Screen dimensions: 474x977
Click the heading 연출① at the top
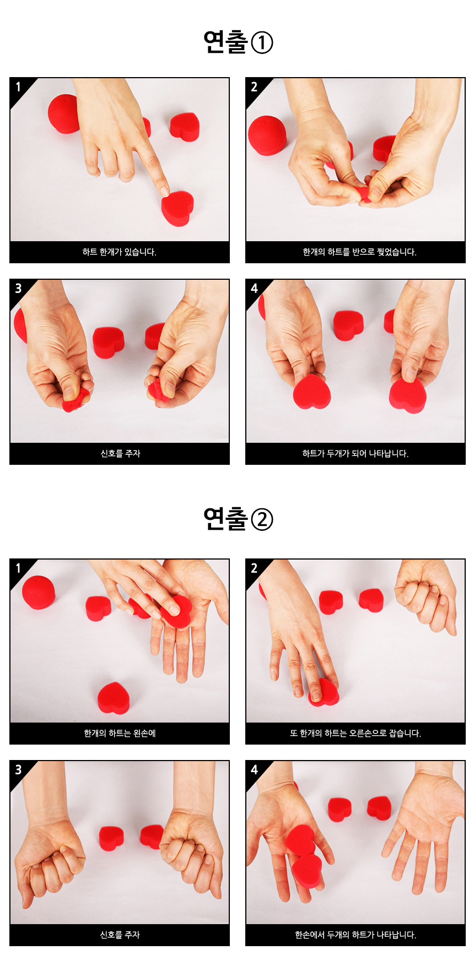click(x=238, y=42)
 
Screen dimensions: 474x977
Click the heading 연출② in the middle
click(x=238, y=519)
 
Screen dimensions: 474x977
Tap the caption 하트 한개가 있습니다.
click(x=120, y=252)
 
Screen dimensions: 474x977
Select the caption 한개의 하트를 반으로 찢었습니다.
click(x=359, y=252)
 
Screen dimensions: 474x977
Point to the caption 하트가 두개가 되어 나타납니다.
click(x=355, y=453)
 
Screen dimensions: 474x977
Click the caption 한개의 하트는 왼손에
click(x=120, y=733)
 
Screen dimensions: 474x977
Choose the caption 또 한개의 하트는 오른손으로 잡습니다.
click(x=355, y=733)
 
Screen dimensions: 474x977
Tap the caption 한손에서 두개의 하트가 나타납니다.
click(x=355, y=935)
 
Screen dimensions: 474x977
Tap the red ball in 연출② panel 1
click(x=39, y=592)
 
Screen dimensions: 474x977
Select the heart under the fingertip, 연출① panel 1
click(x=177, y=208)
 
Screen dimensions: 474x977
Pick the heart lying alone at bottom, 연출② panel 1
click(x=114, y=698)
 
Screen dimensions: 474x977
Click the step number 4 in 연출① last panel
click(x=254, y=289)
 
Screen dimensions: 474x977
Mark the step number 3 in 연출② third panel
click(x=18, y=769)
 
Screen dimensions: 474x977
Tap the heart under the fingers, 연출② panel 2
click(x=324, y=693)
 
